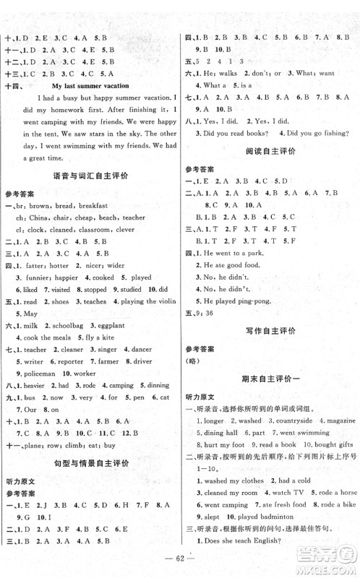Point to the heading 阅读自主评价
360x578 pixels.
coord(269,152)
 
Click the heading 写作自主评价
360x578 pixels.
coord(269,332)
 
